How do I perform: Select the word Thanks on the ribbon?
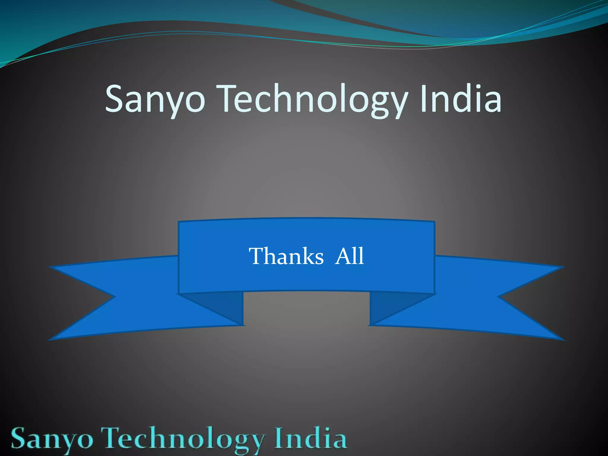click(286, 256)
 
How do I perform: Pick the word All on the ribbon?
click(349, 256)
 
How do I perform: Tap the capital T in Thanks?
click(257, 256)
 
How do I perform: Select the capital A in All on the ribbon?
click(343, 256)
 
